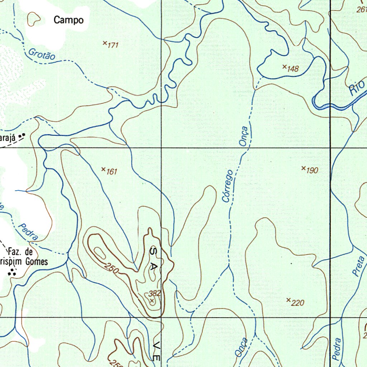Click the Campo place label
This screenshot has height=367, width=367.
point(68,20)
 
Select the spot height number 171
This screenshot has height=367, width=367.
point(113,45)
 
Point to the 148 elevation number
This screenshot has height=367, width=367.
point(293,69)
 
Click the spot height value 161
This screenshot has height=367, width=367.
point(112,172)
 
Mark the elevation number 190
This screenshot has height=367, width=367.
point(312,170)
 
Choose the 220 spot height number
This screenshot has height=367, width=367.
point(298,303)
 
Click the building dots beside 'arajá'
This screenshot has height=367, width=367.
point(22,135)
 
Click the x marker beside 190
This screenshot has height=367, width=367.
point(303,168)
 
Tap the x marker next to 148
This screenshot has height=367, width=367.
point(284,66)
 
